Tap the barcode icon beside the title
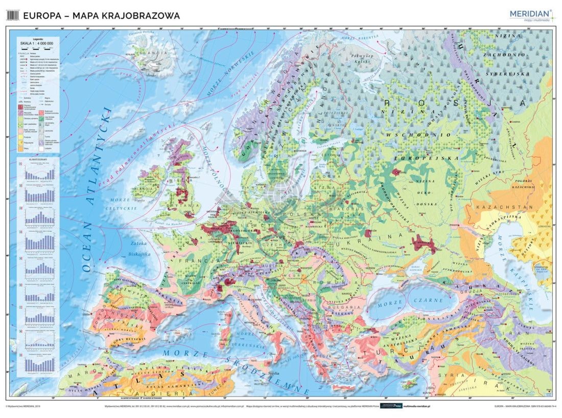[x=13, y=16]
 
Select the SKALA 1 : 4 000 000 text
[x=36, y=44]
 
